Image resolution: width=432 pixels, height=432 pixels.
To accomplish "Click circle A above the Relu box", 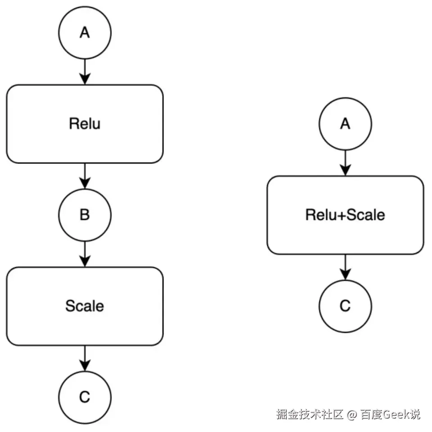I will [85, 33].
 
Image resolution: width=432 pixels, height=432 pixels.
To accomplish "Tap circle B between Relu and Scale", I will [85, 215].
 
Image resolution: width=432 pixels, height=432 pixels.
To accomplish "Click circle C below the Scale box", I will [85, 397].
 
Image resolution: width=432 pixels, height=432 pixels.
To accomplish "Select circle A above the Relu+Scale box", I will [345, 124].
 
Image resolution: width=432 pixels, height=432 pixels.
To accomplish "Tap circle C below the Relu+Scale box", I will [345, 306].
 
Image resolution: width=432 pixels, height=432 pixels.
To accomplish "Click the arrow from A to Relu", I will [85, 72].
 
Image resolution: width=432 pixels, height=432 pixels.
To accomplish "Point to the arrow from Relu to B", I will [85, 176].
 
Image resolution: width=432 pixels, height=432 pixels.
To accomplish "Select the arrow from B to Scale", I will [85, 254].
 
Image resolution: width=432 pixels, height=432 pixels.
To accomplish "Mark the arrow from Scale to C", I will [85, 358].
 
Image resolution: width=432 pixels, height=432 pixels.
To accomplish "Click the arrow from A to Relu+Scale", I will [345, 163].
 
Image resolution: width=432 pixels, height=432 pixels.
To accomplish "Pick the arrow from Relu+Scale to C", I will [345, 267].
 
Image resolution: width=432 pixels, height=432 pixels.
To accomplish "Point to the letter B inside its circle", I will [85, 215].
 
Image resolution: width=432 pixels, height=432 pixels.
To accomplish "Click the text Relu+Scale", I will [345, 215].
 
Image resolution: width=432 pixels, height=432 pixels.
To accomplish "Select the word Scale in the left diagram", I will [85, 306].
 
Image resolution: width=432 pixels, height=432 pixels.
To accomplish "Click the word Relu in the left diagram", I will [85, 124].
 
